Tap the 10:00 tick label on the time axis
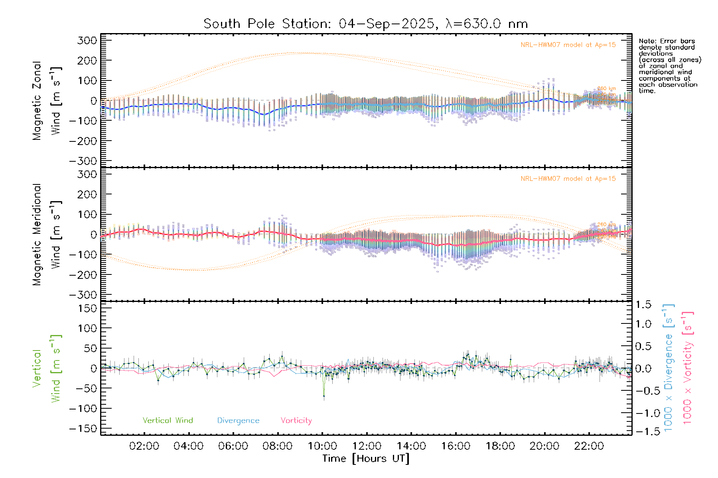[x=322, y=446]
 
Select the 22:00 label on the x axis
[x=589, y=446]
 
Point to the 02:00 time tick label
[x=144, y=446]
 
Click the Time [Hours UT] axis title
[x=366, y=459]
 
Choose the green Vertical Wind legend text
[x=168, y=421]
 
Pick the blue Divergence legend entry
[x=238, y=421]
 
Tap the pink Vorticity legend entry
[x=296, y=421]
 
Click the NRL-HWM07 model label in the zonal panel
[x=568, y=45]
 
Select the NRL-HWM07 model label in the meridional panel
[x=568, y=179]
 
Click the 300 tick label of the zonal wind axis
[x=87, y=40]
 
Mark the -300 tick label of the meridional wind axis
[x=83, y=295]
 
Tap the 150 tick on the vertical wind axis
[x=87, y=308]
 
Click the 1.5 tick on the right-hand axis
[x=643, y=305]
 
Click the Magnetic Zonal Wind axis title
[x=46, y=100]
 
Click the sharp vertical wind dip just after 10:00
[x=324, y=396]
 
